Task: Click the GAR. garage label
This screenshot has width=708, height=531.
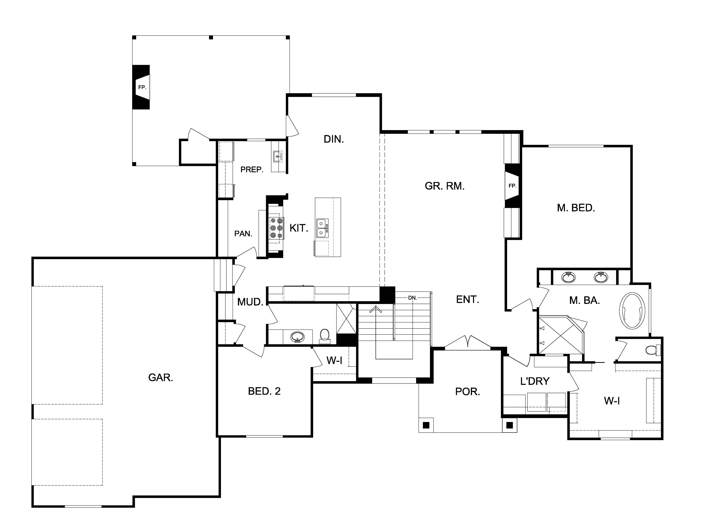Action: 161,378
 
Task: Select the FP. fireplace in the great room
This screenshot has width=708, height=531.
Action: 512,186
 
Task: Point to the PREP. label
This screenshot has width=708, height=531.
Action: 252,170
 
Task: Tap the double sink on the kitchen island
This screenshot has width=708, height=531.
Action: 322,228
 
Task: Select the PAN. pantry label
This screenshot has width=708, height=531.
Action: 243,234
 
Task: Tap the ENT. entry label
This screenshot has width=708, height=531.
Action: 467,300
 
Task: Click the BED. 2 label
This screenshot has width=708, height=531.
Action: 264,391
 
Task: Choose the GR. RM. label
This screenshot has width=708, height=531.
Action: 445,186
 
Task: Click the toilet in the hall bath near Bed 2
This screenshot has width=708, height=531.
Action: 324,336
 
